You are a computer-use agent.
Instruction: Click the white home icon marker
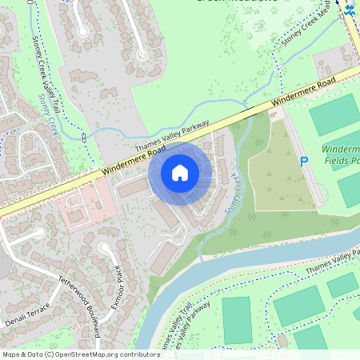tap(180, 172)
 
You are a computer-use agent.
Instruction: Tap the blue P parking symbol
tap(303, 162)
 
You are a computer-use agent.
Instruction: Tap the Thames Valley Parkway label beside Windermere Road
tap(172, 133)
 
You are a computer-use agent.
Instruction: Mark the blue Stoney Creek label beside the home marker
tap(232, 192)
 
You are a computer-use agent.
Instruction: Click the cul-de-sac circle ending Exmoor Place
tap(105, 249)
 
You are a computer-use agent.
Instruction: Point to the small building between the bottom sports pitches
tap(282, 341)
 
